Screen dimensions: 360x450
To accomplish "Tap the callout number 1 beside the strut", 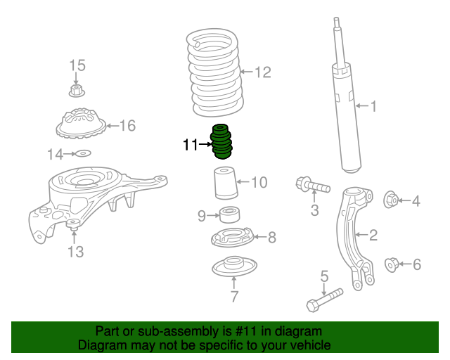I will pos(373,106).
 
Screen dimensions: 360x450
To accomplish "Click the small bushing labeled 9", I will pos(228,214).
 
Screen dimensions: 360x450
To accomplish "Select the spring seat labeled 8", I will pos(230,237).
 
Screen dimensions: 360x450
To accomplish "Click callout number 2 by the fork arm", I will pos(373,235).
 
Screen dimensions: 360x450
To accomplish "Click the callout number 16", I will pos(127,126).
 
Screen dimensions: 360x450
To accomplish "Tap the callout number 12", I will pos(262,72).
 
